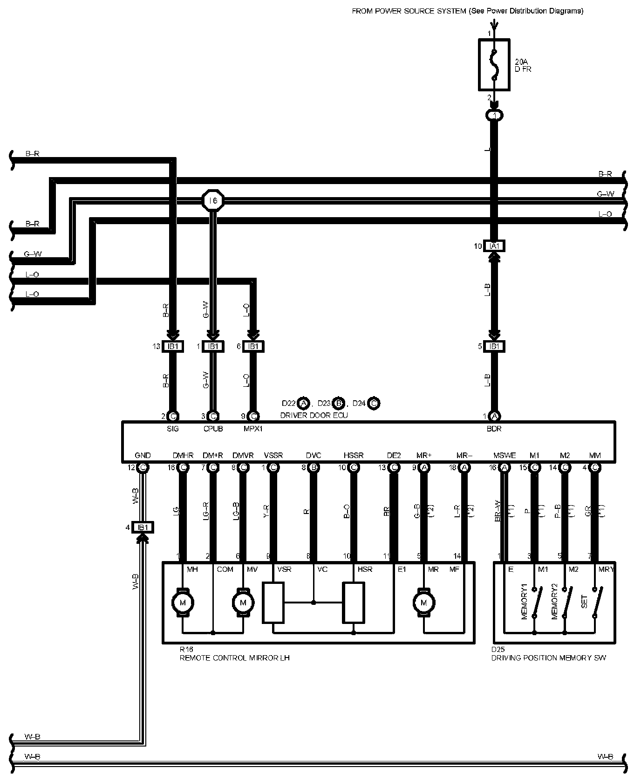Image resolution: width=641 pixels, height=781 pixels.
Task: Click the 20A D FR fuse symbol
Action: click(494, 64)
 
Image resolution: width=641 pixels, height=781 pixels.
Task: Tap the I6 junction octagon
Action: click(213, 200)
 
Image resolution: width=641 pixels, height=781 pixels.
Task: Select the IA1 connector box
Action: click(494, 246)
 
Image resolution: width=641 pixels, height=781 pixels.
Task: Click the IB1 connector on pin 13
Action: click(173, 346)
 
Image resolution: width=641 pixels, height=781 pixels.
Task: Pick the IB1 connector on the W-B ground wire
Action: click(143, 527)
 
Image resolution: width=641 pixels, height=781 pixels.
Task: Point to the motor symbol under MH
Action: click(182, 603)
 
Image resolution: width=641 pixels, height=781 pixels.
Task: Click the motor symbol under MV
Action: click(243, 603)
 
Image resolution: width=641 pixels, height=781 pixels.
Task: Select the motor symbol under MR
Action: click(423, 603)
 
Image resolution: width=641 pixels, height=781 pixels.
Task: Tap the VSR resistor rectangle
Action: click(273, 602)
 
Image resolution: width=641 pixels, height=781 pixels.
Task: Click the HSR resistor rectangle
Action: click(354, 602)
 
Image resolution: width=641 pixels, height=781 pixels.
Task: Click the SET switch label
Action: click(584, 602)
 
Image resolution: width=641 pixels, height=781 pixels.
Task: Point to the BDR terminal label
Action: click(494, 429)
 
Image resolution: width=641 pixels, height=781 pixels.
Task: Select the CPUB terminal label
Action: click(213, 429)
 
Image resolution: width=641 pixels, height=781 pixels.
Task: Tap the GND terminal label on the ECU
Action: click(143, 455)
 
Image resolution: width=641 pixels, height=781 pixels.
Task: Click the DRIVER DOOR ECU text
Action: click(314, 415)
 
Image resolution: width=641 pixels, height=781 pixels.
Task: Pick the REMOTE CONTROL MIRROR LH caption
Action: click(234, 658)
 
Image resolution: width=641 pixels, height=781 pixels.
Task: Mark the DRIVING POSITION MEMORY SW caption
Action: click(549, 658)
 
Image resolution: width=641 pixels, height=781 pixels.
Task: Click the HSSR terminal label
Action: click(354, 455)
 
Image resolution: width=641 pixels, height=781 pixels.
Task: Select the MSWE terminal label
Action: click(505, 455)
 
